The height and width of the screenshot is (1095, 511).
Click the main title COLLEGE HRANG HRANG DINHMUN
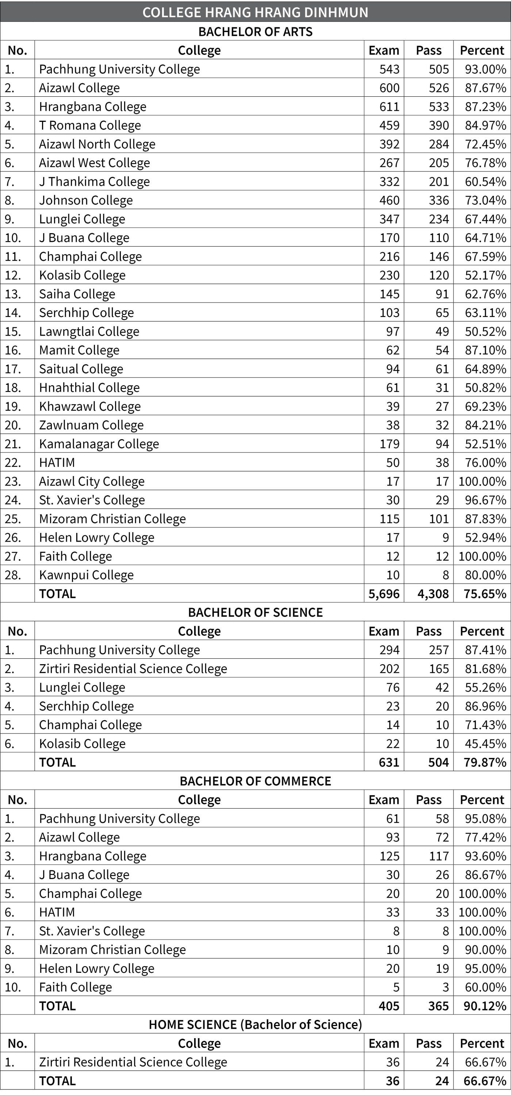click(255, 12)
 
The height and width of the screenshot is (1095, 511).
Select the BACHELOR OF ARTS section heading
click(255, 31)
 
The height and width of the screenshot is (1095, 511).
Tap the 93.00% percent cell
click(485, 69)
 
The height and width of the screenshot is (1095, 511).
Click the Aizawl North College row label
click(97, 144)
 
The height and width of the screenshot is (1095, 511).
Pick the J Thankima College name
click(95, 182)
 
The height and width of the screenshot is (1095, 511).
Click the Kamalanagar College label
click(99, 444)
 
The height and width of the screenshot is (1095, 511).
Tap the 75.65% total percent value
click(485, 594)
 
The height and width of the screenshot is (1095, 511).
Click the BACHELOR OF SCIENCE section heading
click(255, 612)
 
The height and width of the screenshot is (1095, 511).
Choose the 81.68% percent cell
click(485, 669)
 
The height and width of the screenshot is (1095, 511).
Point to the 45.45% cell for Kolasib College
click(485, 743)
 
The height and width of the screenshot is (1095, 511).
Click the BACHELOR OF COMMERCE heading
click(255, 781)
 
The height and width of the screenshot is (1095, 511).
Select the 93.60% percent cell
click(485, 856)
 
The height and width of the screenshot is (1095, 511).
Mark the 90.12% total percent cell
click(485, 1006)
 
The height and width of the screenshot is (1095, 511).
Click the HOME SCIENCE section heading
click(255, 1025)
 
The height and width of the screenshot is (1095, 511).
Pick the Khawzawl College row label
click(90, 406)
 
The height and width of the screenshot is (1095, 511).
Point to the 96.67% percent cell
click(485, 500)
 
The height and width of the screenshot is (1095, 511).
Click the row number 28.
click(13, 575)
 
